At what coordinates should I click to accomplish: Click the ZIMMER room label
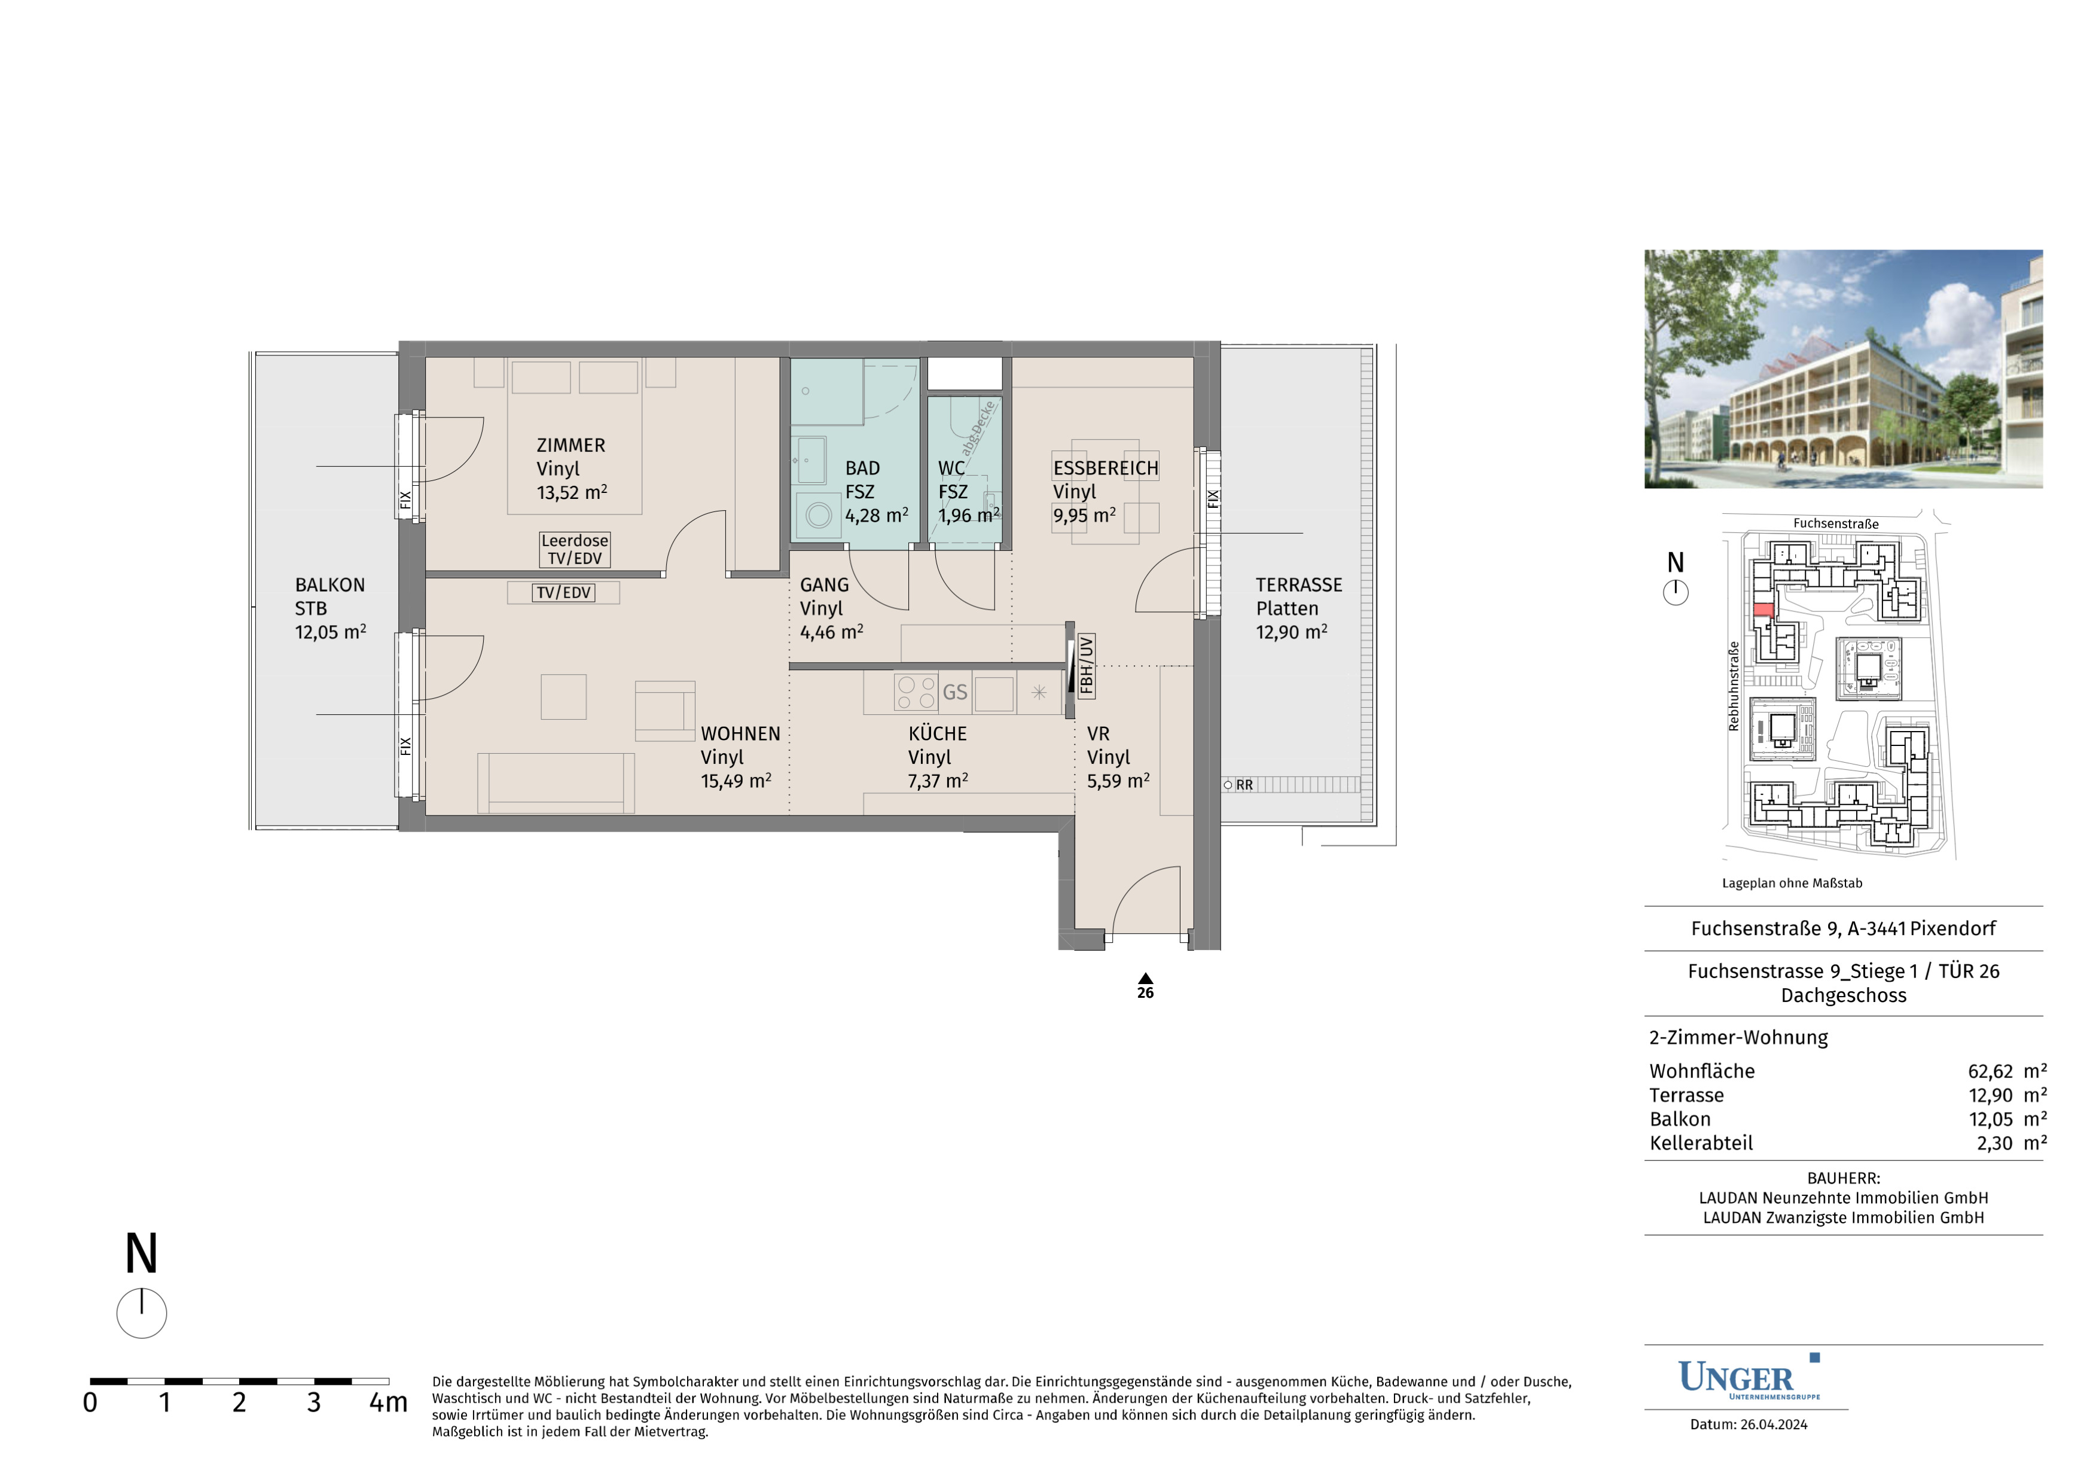click(x=570, y=445)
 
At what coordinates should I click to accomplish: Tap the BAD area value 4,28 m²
click(x=876, y=515)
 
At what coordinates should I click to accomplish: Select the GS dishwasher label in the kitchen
click(x=954, y=692)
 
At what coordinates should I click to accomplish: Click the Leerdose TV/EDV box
click(x=574, y=550)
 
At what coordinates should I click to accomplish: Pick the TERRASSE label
click(x=1299, y=584)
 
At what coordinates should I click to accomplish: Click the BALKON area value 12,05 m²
click(x=330, y=632)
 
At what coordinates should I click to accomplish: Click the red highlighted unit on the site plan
click(x=1763, y=610)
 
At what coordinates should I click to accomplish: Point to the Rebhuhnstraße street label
click(x=1734, y=686)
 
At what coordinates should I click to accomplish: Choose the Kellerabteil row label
click(x=1701, y=1143)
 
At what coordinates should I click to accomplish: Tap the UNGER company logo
click(x=1749, y=1378)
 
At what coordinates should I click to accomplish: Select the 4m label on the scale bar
click(x=388, y=1402)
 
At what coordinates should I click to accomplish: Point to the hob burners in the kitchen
click(x=915, y=692)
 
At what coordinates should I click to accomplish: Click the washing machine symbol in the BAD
click(x=817, y=515)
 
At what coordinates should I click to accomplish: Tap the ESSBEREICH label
click(x=1106, y=468)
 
